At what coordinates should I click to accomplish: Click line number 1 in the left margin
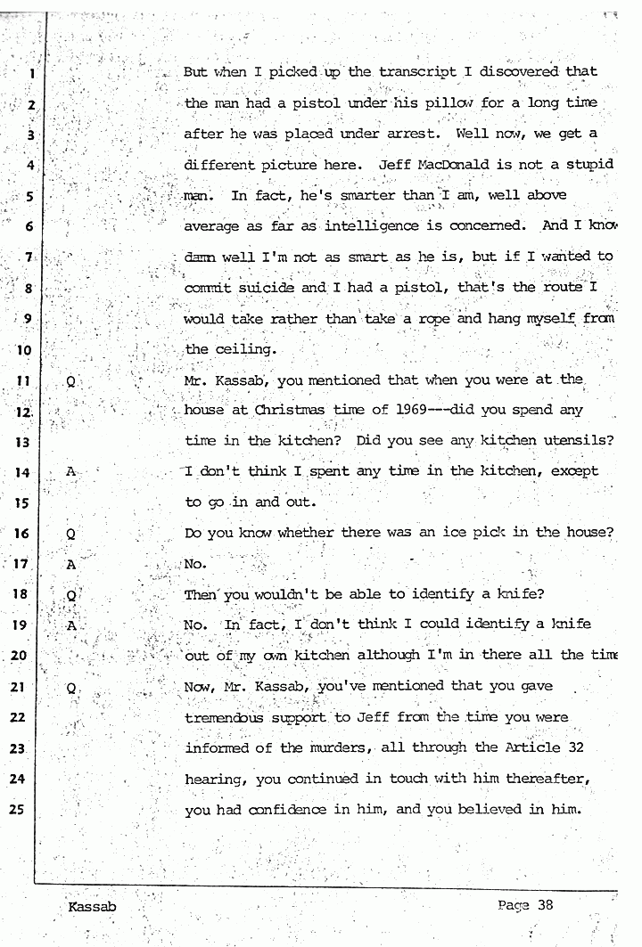point(30,75)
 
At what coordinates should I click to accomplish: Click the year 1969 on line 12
point(407,410)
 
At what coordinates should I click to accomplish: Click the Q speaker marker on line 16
point(70,535)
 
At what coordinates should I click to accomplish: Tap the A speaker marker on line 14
point(71,472)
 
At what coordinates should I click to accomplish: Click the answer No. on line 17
point(195,564)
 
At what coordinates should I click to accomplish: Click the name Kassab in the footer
point(92,907)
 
